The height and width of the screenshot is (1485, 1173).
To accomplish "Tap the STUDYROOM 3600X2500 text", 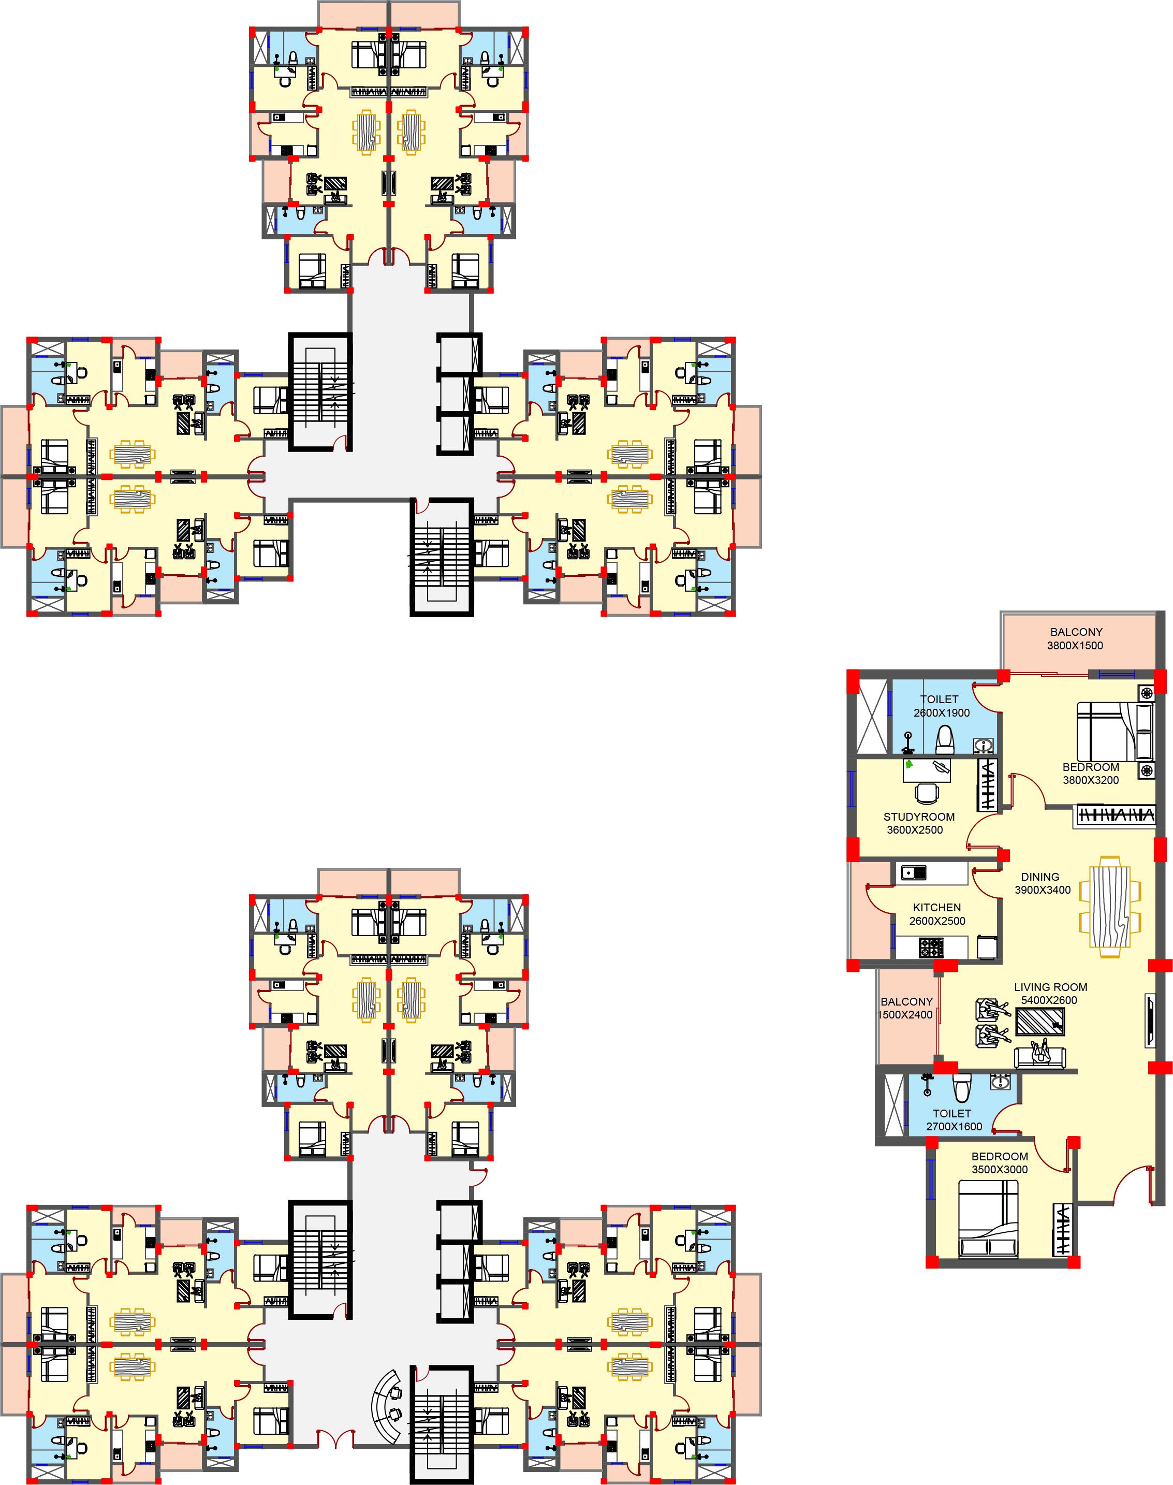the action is coord(919,823).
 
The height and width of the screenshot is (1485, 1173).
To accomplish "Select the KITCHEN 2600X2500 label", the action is coord(937,914).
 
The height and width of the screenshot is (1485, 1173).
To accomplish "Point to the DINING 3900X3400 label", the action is coord(1043,883).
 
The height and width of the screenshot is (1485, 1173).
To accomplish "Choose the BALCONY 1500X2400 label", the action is coord(906,1008).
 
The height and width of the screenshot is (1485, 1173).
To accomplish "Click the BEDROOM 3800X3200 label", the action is coord(1091,774).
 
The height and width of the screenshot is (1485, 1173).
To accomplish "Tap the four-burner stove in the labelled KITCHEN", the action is coord(931,948).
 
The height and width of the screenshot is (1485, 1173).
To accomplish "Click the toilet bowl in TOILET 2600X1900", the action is coord(945,738).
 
